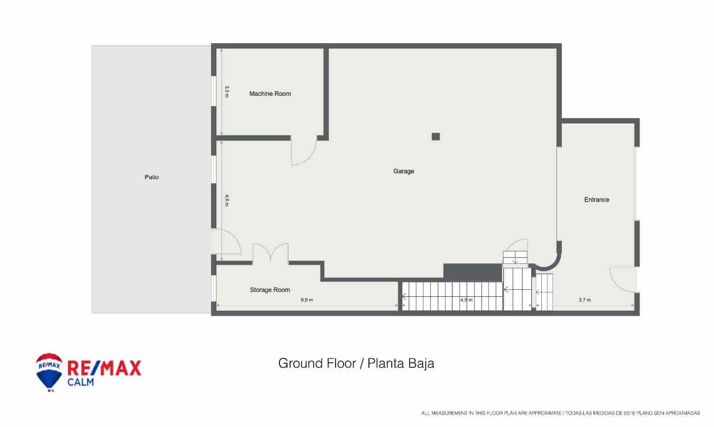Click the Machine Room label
click(x=270, y=94)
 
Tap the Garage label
click(x=403, y=171)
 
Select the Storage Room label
click(x=270, y=290)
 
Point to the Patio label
click(x=152, y=177)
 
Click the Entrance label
click(x=597, y=200)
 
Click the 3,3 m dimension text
click(x=227, y=91)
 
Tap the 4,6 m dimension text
click(x=227, y=200)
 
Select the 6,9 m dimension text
click(x=307, y=300)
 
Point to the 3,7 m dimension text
click(x=585, y=300)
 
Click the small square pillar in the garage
click(x=436, y=137)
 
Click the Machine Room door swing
click(x=303, y=152)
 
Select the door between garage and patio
click(x=227, y=243)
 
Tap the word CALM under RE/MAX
click(x=80, y=382)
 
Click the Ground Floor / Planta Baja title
click(x=356, y=363)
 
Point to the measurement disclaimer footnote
click(x=560, y=413)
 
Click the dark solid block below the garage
click(x=472, y=272)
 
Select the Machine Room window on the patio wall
click(x=213, y=92)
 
